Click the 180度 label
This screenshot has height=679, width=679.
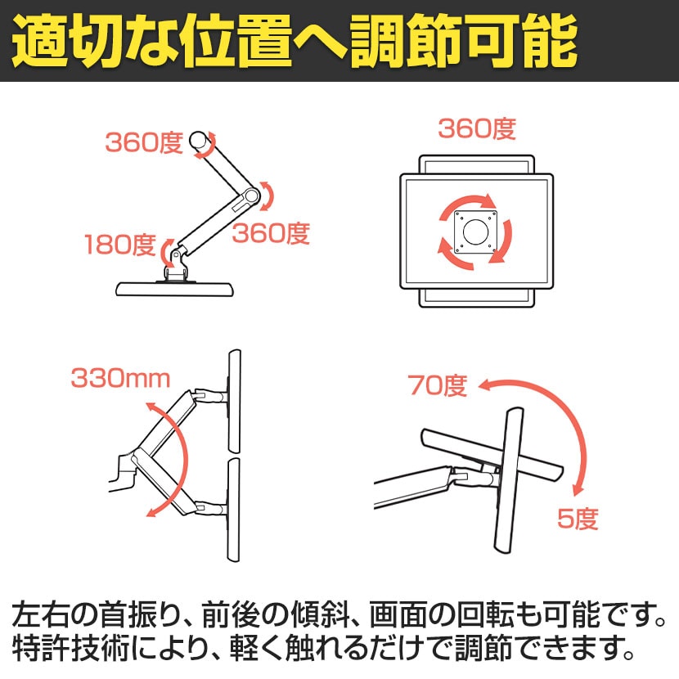(x=119, y=244)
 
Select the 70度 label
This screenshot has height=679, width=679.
(x=438, y=385)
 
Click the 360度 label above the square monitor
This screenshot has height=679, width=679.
(x=476, y=128)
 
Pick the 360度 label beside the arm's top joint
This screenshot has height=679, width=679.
(x=143, y=142)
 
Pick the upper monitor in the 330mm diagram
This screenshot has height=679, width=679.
(x=233, y=401)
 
